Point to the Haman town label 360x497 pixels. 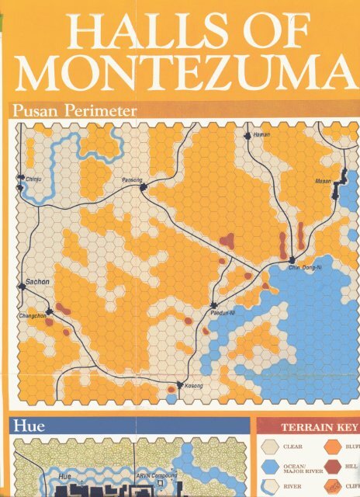(261, 137)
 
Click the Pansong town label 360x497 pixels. (132, 180)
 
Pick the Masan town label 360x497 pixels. (323, 181)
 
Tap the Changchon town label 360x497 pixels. (32, 316)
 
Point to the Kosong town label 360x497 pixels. (193, 386)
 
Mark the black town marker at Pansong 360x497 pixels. (144, 186)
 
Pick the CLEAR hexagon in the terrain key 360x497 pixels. (270, 447)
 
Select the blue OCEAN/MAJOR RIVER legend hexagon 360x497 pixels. (270, 467)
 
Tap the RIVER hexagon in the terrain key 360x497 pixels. (270, 487)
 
